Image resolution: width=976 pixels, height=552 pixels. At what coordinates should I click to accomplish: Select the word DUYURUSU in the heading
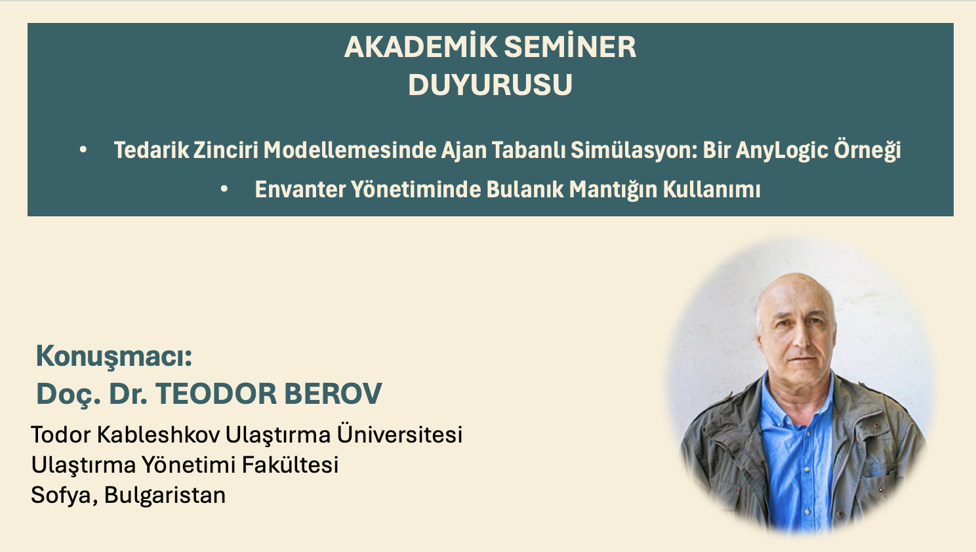pyautogui.click(x=490, y=85)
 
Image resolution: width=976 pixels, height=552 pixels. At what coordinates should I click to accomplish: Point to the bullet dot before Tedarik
pyautogui.click(x=83, y=150)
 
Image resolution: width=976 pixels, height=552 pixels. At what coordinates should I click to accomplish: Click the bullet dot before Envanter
pyautogui.click(x=224, y=189)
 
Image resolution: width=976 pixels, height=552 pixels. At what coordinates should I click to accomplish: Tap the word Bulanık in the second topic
pyautogui.click(x=525, y=189)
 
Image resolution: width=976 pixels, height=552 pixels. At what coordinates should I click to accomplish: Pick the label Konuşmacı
pyautogui.click(x=113, y=356)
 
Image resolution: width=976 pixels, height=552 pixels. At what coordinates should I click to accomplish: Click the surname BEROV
pyautogui.click(x=333, y=394)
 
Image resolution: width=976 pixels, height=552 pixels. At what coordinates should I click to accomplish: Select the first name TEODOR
pyautogui.click(x=216, y=394)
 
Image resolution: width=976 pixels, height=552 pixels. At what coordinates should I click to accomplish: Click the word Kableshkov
pyautogui.click(x=158, y=434)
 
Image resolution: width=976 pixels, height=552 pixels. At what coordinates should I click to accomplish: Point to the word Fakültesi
pyautogui.click(x=290, y=465)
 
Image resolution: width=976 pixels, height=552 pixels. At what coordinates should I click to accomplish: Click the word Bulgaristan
pyautogui.click(x=165, y=495)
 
